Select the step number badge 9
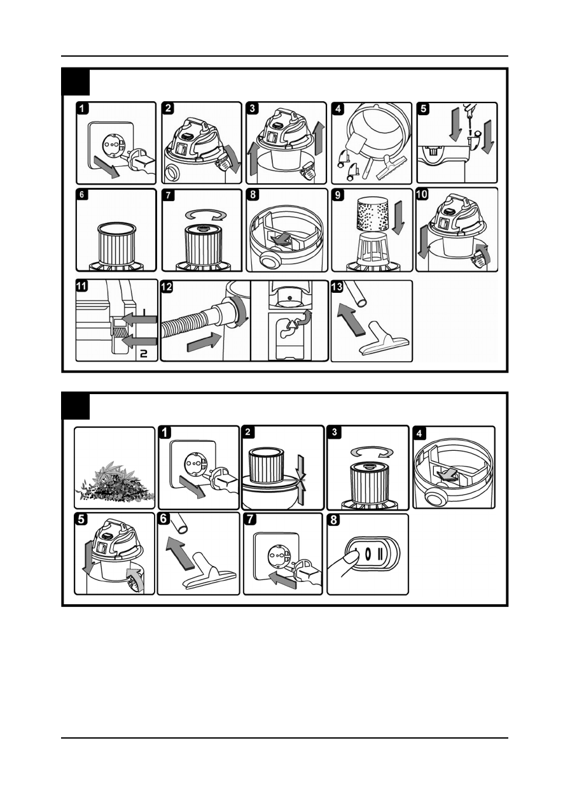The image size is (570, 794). tap(338, 195)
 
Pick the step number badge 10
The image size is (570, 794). tap(423, 195)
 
